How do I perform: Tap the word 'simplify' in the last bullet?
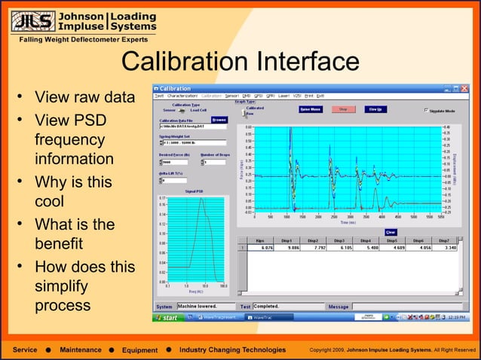[60, 287]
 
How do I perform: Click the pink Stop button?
[343, 108]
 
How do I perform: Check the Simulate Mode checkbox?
[425, 111]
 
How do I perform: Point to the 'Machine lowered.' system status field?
[204, 307]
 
